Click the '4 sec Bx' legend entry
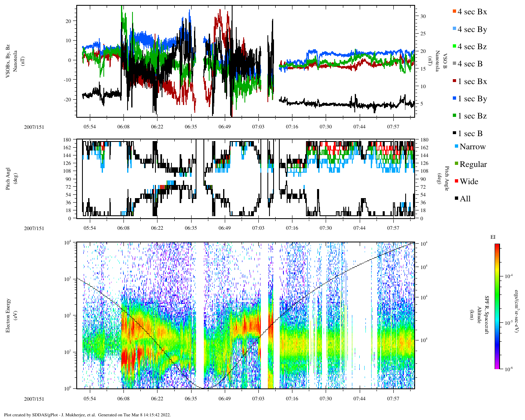coord(472,12)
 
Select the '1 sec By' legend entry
coord(472,99)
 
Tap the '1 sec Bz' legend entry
coord(472,116)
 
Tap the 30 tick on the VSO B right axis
coord(423,16)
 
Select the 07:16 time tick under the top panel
coord(292,127)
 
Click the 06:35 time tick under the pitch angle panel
coord(191,228)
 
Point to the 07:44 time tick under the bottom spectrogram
coord(359,399)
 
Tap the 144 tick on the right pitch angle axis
coord(425,155)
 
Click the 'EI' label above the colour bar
coord(493,237)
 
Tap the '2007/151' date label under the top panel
coord(34,127)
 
